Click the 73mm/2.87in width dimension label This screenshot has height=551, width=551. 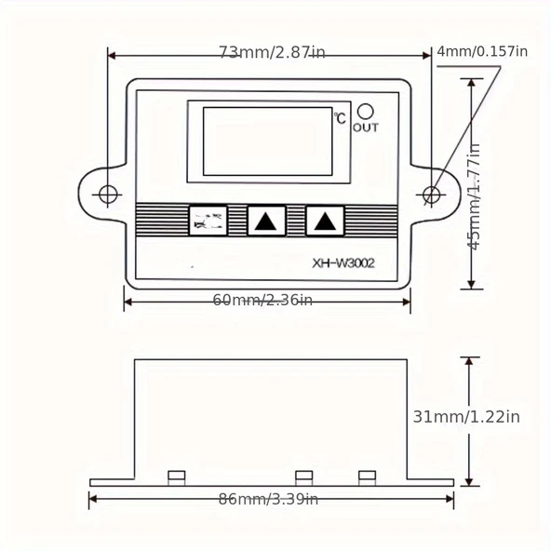pos(272,53)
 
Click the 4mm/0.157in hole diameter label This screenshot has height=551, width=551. pos(481,51)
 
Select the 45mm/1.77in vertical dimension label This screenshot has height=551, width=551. pos(475,195)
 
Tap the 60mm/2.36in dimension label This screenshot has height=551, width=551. pos(262,299)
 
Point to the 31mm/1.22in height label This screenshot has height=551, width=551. pos(465,416)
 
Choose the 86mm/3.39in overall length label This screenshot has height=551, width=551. pos(268,500)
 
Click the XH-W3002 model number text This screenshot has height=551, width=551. pos(343,263)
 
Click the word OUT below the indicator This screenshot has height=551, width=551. pos(366,128)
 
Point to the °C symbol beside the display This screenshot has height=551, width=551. pos(340,118)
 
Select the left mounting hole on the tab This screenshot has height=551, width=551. pos(109,195)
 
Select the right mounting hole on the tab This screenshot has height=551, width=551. pos(432,195)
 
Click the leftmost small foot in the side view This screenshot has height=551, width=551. pos(176,477)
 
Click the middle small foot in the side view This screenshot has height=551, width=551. pos(303,477)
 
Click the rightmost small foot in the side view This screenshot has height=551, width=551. pos(367,477)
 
